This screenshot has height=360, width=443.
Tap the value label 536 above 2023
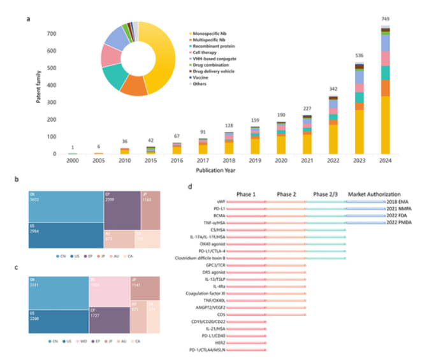pos(361,55)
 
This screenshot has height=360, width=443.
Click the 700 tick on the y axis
pos(52,33)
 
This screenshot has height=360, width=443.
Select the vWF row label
pos(217,201)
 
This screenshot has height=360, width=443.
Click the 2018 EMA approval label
pos(400,201)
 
